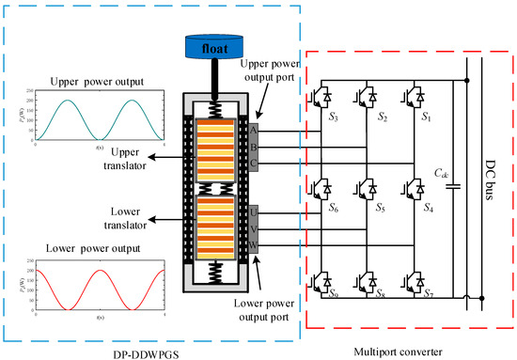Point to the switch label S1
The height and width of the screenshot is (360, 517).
click(431, 120)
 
